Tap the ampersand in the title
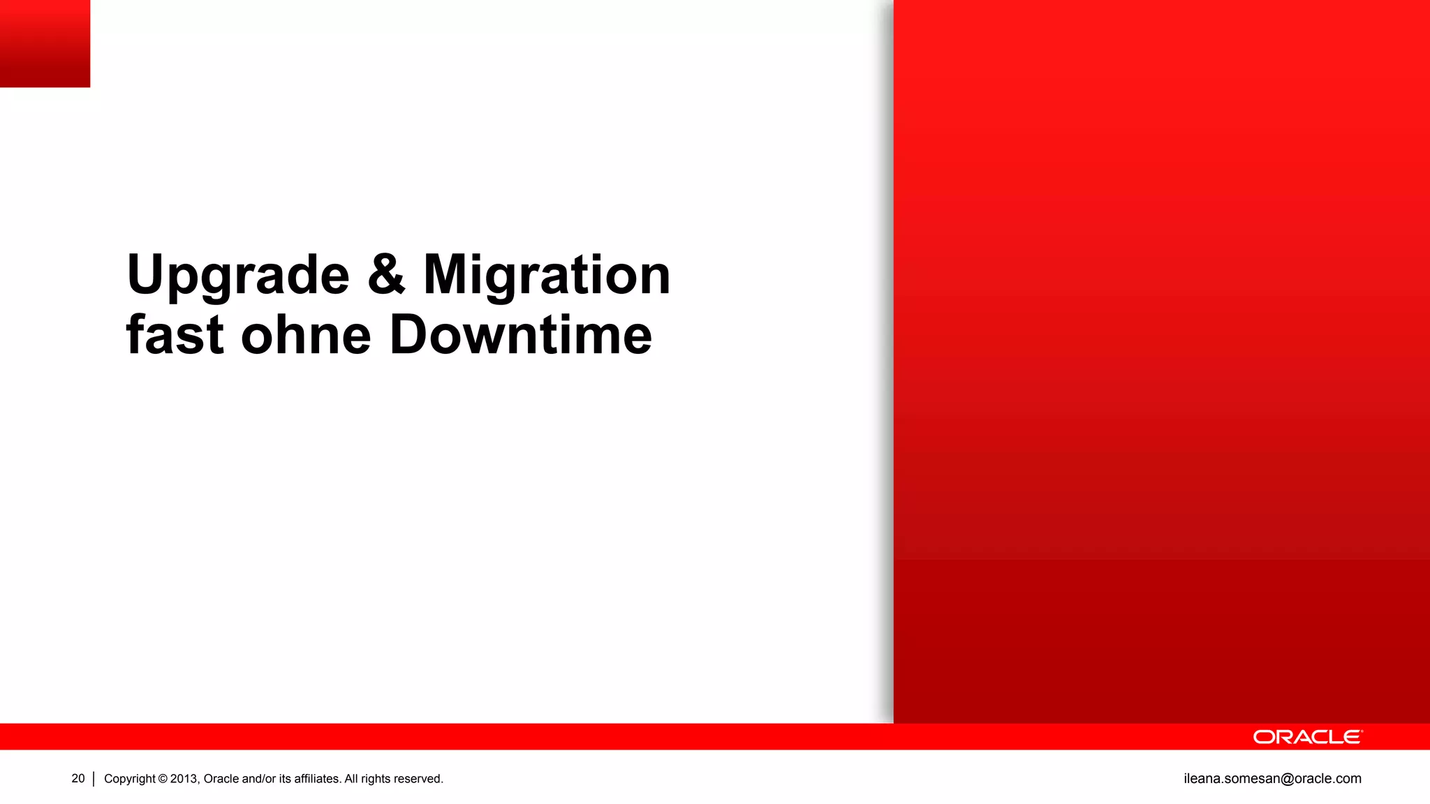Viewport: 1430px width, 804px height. tap(386, 274)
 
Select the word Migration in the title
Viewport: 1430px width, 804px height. tap(547, 275)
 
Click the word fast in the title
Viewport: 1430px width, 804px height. tap(175, 335)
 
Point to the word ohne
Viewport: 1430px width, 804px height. tap(306, 336)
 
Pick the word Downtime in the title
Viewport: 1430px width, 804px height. tap(520, 335)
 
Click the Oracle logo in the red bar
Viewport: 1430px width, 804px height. tap(1307, 737)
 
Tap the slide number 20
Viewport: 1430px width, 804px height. tap(78, 778)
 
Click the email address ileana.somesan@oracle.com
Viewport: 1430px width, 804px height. tap(1272, 778)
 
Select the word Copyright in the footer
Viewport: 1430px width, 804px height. tap(130, 779)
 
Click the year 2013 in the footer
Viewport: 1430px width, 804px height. tap(184, 779)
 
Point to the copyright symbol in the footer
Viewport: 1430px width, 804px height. tap(163, 779)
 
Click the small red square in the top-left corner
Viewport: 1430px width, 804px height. tap(45, 43)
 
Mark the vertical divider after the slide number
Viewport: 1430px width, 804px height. tap(94, 779)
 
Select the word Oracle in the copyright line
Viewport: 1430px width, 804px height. tap(221, 779)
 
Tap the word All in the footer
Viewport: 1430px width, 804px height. tap(351, 779)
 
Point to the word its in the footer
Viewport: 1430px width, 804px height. tap(285, 779)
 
